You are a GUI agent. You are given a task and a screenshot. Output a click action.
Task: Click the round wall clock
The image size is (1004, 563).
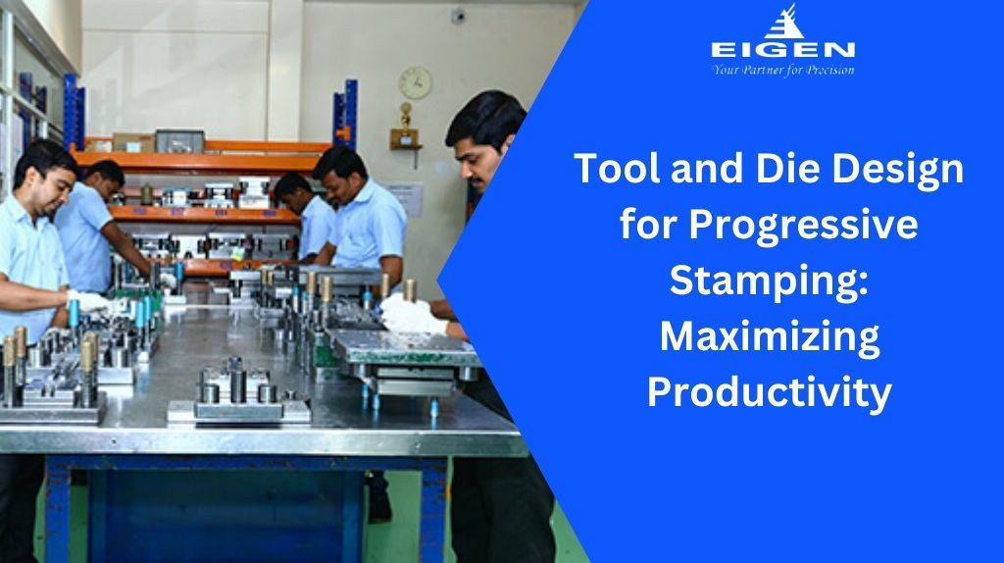pyautogui.click(x=416, y=83)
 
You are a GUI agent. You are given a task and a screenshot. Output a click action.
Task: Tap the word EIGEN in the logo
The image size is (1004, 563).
pyautogui.click(x=782, y=50)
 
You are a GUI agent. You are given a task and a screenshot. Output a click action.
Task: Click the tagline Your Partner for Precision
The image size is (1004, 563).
pyautogui.click(x=783, y=70)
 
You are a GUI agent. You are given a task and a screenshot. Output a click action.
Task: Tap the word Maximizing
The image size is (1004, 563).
pyautogui.click(x=770, y=337)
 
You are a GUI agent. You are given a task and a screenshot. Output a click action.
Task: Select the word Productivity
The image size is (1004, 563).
pyautogui.click(x=769, y=392)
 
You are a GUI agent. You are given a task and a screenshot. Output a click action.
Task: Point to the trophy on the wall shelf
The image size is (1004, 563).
pyautogui.click(x=405, y=125)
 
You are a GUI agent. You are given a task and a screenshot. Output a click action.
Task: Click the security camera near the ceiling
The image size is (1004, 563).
pyautogui.click(x=457, y=17)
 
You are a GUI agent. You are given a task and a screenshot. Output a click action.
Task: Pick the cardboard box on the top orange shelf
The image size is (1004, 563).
pyautogui.click(x=132, y=142)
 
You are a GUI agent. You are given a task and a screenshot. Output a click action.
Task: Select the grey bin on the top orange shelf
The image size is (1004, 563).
pyautogui.click(x=180, y=141)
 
